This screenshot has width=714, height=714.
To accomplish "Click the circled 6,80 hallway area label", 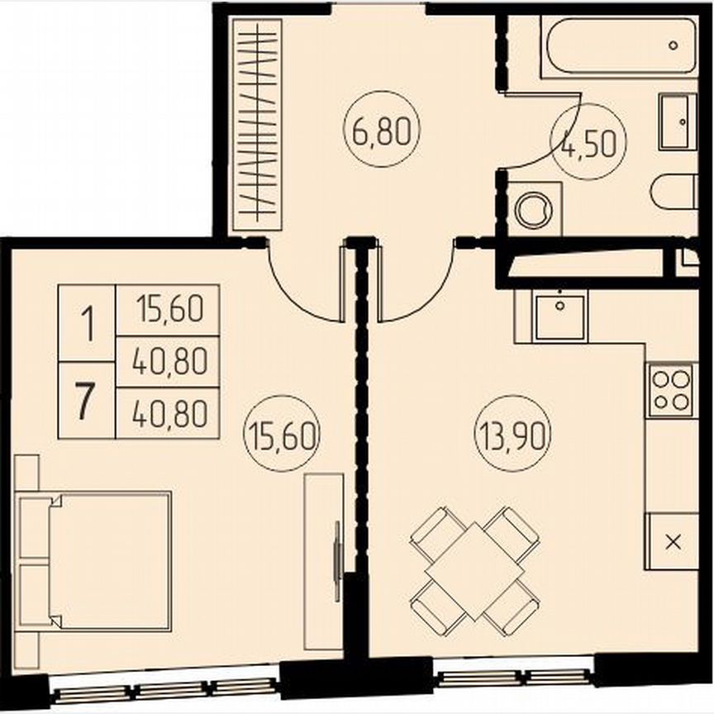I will click(382, 131).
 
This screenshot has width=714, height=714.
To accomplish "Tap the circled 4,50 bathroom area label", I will click(589, 146).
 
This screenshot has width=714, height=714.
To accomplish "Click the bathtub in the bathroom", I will click(618, 47).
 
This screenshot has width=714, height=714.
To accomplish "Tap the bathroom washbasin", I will click(678, 121).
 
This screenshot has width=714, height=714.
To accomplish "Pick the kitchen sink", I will click(559, 316).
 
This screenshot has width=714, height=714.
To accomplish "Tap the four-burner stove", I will click(671, 390).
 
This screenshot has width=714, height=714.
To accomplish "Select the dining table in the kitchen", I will click(475, 571).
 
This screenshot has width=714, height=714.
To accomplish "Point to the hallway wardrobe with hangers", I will click(255, 124).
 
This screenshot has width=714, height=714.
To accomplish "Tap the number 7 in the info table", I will click(85, 402).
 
